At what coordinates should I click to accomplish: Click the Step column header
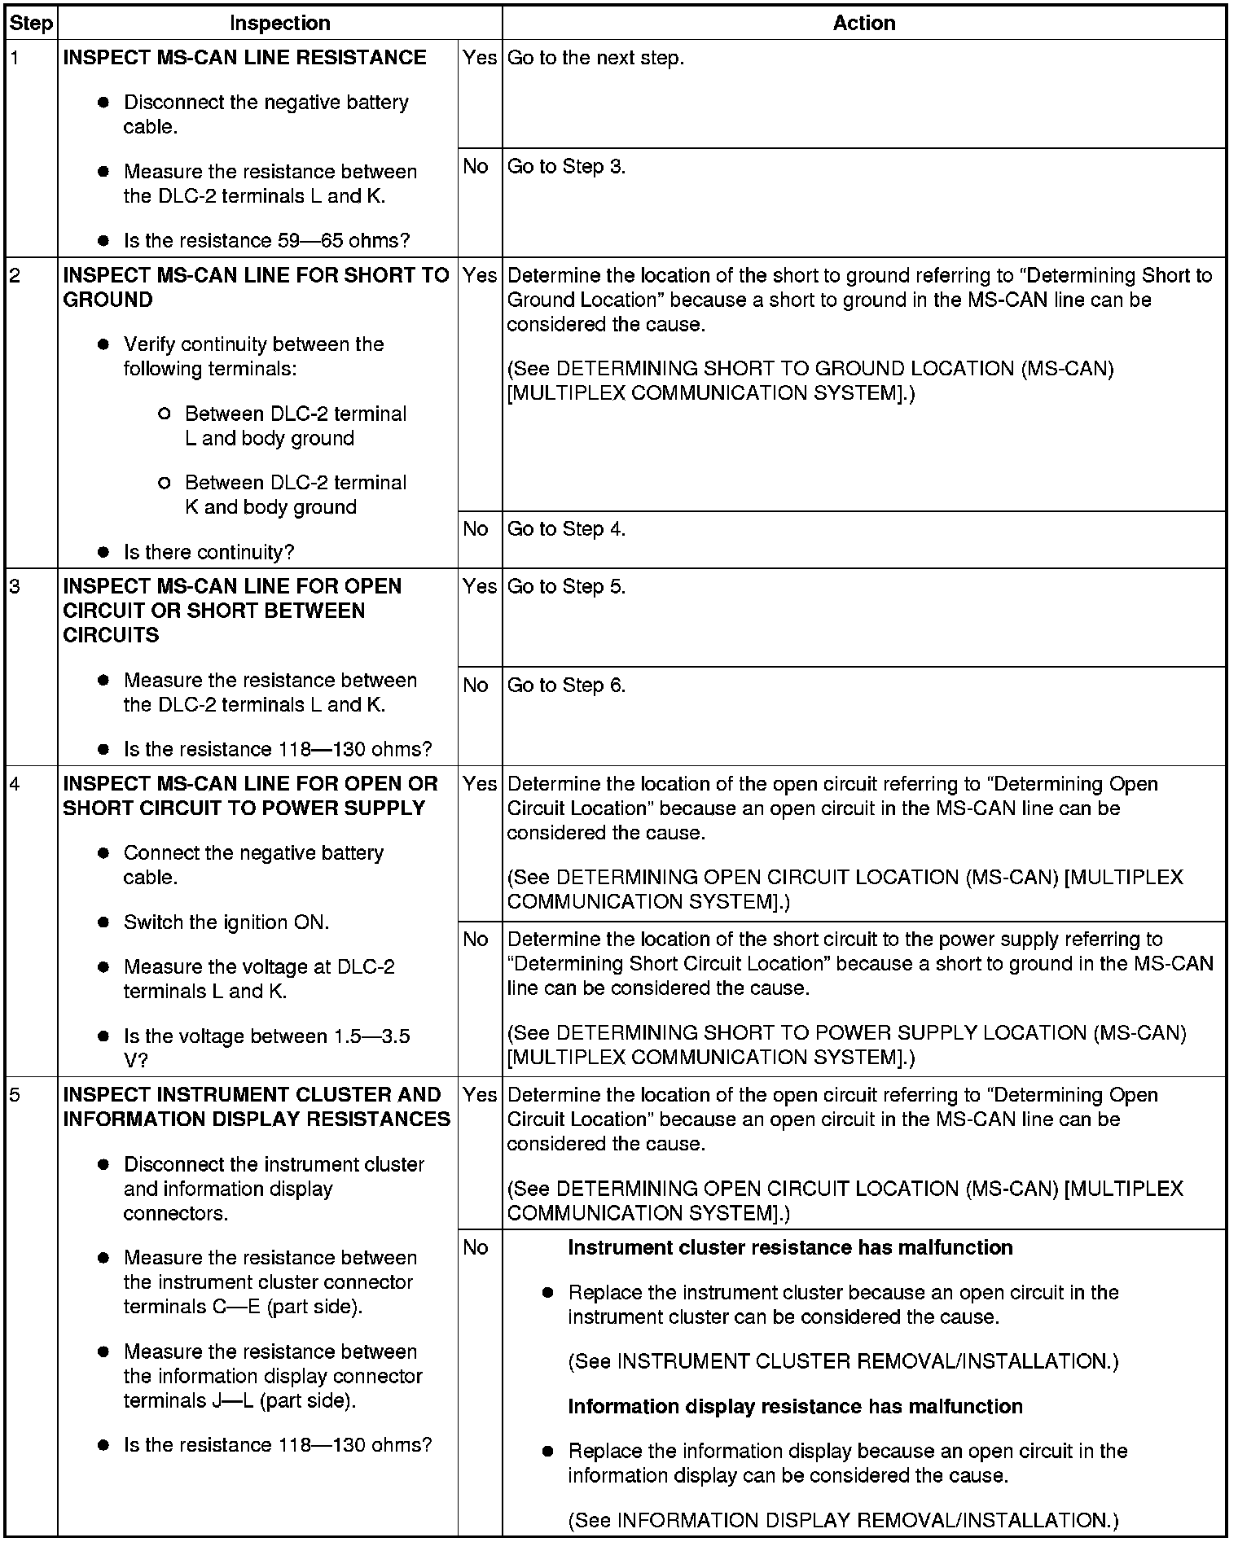[31, 23]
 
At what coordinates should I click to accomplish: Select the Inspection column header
[279, 23]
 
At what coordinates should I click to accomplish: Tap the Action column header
[863, 23]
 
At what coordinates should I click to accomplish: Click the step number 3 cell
[16, 587]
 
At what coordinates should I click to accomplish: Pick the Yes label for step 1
[479, 58]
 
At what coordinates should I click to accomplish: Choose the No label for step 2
[476, 529]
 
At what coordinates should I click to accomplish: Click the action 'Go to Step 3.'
[566, 167]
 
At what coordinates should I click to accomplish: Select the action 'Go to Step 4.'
[566, 529]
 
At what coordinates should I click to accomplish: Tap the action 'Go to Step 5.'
[566, 587]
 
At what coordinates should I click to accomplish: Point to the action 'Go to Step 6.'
[566, 686]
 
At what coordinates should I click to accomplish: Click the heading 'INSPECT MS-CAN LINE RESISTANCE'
[244, 58]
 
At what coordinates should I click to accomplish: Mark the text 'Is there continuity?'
[209, 553]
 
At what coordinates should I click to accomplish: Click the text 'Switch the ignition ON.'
[226, 922]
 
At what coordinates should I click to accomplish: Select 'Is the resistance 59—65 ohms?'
[266, 241]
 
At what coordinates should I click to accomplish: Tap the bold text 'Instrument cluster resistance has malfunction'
[790, 1248]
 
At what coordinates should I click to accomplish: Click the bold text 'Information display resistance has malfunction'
[795, 1407]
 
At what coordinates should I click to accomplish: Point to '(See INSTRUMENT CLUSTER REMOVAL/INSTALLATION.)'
[843, 1362]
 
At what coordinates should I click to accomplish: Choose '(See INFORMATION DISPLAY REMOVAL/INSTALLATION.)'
[843, 1520]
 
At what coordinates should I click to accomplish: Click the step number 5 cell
[16, 1095]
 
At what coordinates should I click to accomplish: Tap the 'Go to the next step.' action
[595, 58]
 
